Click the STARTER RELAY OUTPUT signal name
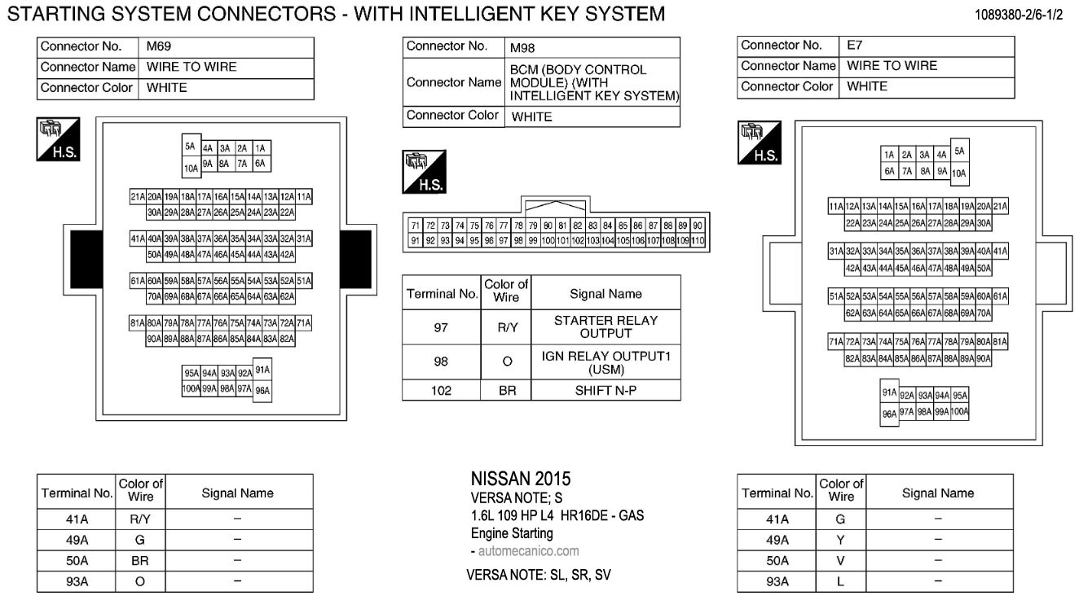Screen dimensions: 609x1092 click(605, 326)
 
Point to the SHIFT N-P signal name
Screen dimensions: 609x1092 click(605, 390)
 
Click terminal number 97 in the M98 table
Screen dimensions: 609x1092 click(442, 326)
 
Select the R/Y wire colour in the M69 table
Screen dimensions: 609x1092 click(141, 519)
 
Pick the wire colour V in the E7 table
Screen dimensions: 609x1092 click(840, 561)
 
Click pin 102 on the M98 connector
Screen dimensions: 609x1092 click(578, 241)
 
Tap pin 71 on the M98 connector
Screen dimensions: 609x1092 click(415, 226)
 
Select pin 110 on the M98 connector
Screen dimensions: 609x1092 click(698, 241)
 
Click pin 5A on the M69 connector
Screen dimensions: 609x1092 click(191, 147)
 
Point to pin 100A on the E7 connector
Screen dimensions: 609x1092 click(959, 412)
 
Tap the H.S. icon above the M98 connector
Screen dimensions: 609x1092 click(423, 172)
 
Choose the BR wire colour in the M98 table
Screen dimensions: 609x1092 click(507, 390)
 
